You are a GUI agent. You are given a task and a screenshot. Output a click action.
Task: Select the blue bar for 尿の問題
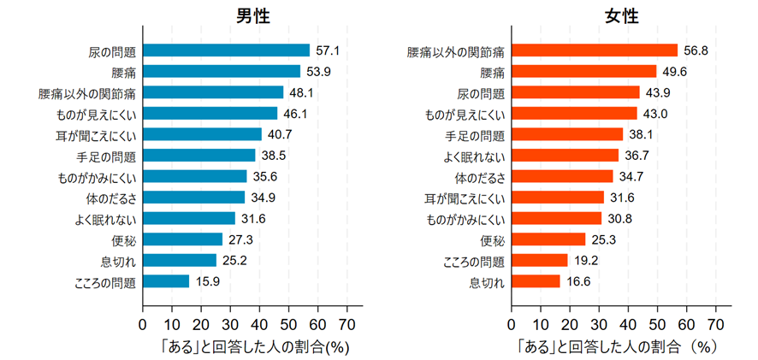click(x=226, y=50)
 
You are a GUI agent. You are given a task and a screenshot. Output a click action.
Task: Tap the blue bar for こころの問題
click(x=166, y=280)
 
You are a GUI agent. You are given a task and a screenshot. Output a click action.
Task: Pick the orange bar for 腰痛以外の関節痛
click(x=594, y=50)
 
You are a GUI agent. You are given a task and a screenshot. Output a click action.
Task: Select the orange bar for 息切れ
click(x=536, y=280)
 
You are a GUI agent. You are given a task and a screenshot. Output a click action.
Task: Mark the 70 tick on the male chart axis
click(x=346, y=324)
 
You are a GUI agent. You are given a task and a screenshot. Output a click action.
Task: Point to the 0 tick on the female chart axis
click(x=512, y=324)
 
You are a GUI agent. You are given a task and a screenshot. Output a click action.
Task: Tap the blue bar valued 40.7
click(x=202, y=134)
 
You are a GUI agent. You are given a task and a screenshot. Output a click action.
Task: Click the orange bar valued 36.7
click(x=565, y=155)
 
